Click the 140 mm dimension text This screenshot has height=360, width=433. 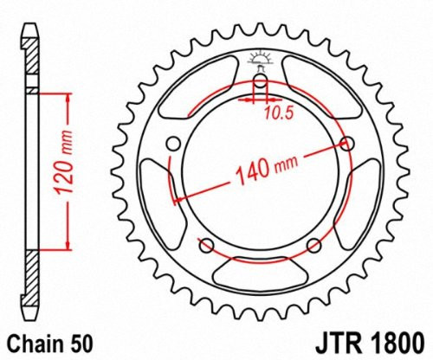pos(255,172)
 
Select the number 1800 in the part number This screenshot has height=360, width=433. pos(396,340)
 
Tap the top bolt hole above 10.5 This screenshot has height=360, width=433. pos(259,84)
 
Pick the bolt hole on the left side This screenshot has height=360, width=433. pos(172,143)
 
